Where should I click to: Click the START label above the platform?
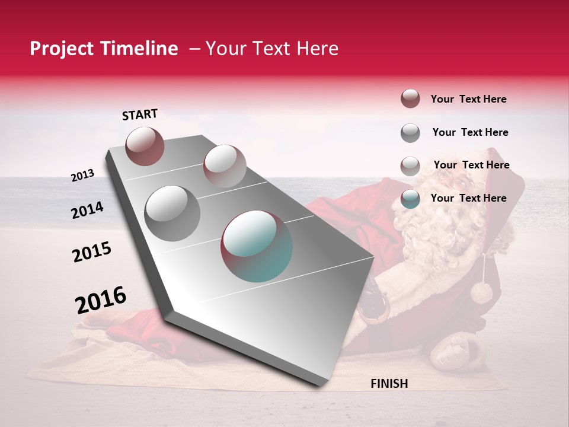[140, 114]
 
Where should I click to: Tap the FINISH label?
[389, 384]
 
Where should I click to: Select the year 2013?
[82, 176]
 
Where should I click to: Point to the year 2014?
[87, 211]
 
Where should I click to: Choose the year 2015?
[92, 252]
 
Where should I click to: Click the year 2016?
[101, 300]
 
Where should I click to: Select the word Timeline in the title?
[140, 49]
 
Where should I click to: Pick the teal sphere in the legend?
[410, 199]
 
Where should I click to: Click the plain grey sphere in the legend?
[410, 133]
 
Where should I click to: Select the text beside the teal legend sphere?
[468, 198]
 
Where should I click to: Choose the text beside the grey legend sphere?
[470, 132]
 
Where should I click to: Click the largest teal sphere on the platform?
[257, 246]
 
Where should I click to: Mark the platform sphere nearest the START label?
[145, 146]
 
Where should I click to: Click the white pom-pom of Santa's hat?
[481, 292]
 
